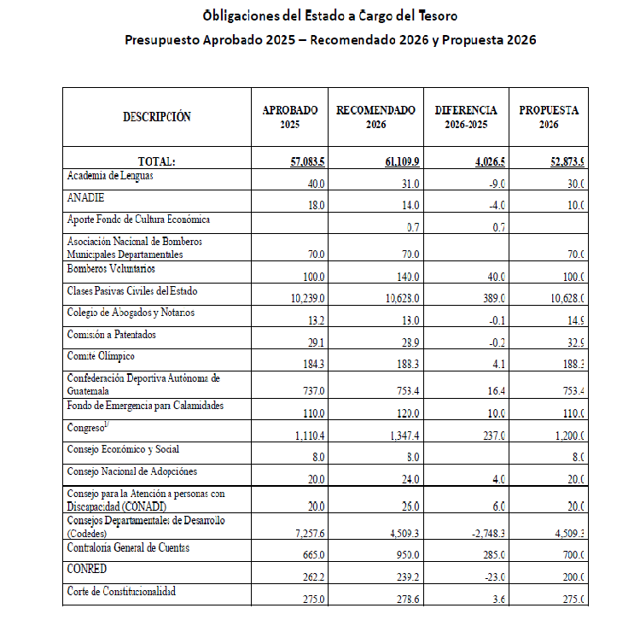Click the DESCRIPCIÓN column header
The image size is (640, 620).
pos(157,117)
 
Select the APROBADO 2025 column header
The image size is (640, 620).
pos(290,117)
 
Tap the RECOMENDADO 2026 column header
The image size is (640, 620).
pos(376,117)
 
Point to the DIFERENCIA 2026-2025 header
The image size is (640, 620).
pos(466,117)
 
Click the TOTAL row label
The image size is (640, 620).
pos(156,161)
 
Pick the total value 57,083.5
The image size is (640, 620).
pos(308,161)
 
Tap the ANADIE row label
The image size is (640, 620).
pos(85,197)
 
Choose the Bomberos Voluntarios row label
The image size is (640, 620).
pos(111,269)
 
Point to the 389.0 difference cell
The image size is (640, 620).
pos(492,298)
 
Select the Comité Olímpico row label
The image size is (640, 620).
pos(101,356)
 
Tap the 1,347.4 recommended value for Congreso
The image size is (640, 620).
pos(400,436)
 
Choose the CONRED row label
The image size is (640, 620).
pos(87,567)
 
